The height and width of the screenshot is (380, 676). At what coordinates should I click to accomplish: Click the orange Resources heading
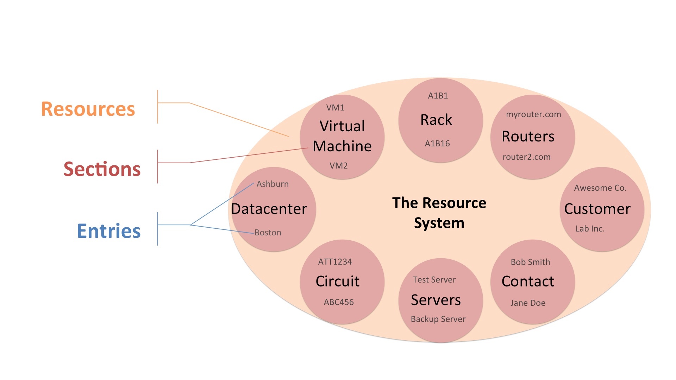pyautogui.click(x=88, y=109)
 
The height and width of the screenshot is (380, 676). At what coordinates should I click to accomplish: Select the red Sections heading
pyautogui.click(x=102, y=169)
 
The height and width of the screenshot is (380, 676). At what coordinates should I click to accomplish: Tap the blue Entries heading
pyautogui.click(x=109, y=231)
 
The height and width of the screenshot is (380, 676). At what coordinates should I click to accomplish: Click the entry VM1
pyautogui.click(x=335, y=108)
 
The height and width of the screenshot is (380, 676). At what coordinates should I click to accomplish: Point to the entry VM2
pyautogui.click(x=338, y=166)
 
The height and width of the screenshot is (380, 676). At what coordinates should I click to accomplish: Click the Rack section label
pyautogui.click(x=436, y=120)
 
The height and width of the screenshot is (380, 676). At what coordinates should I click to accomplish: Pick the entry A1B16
pyautogui.click(x=437, y=144)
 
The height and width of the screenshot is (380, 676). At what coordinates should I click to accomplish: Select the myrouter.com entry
pyautogui.click(x=533, y=114)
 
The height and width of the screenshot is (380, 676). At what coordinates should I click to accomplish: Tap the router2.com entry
pyautogui.click(x=526, y=157)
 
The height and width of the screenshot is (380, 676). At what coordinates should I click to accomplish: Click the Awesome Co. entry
pyautogui.click(x=600, y=188)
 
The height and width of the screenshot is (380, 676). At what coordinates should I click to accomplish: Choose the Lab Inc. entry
pyautogui.click(x=590, y=229)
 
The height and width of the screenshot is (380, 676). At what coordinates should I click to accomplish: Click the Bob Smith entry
pyautogui.click(x=530, y=262)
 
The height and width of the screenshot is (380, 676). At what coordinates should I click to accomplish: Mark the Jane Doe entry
pyautogui.click(x=528, y=303)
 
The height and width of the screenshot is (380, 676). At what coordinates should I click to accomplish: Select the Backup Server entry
pyautogui.click(x=438, y=319)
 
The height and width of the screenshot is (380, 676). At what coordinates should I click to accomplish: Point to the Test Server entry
pyautogui.click(x=434, y=280)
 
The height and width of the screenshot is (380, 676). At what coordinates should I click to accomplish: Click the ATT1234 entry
pyautogui.click(x=335, y=262)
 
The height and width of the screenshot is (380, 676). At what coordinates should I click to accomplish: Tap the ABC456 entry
pyautogui.click(x=339, y=302)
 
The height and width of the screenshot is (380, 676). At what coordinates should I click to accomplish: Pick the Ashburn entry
pyautogui.click(x=273, y=184)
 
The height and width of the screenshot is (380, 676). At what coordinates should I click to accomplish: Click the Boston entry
pyautogui.click(x=268, y=233)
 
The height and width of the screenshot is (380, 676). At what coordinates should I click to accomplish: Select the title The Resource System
pyautogui.click(x=439, y=213)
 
